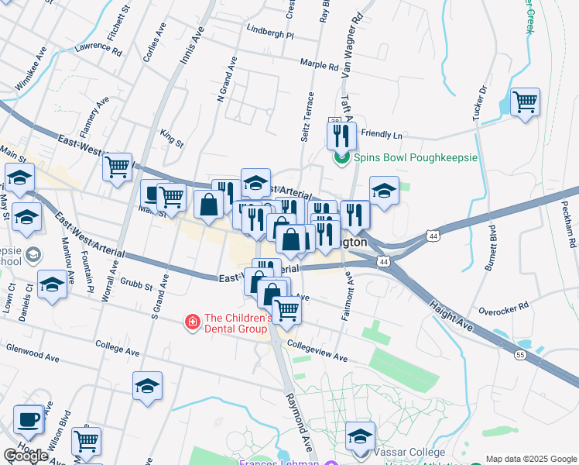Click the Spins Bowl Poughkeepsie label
(x=416, y=157)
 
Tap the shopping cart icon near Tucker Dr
(x=526, y=102)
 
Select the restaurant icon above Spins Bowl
(x=341, y=136)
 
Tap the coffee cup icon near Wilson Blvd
(x=29, y=419)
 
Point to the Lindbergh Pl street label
(x=270, y=35)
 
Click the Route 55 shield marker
(x=520, y=354)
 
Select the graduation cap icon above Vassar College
(x=360, y=436)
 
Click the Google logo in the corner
(x=26, y=456)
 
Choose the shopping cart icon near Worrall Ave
(x=117, y=166)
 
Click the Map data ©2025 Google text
(x=531, y=459)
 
